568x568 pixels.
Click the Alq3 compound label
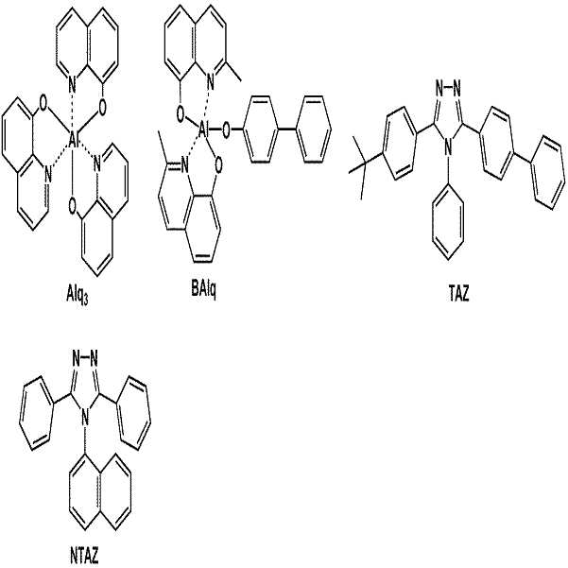[x=77, y=298]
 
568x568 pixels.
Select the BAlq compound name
[x=203, y=290]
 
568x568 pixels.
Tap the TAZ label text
[x=458, y=294]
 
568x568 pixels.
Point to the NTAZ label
[x=83, y=556]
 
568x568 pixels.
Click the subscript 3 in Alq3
[x=85, y=301]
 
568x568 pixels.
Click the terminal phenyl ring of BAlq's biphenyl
[x=314, y=129]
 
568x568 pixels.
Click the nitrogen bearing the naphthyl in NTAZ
[x=85, y=419]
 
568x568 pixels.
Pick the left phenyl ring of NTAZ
[x=37, y=413]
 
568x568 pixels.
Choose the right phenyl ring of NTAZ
[x=132, y=413]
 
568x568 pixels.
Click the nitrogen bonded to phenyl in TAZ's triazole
[x=448, y=146]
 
